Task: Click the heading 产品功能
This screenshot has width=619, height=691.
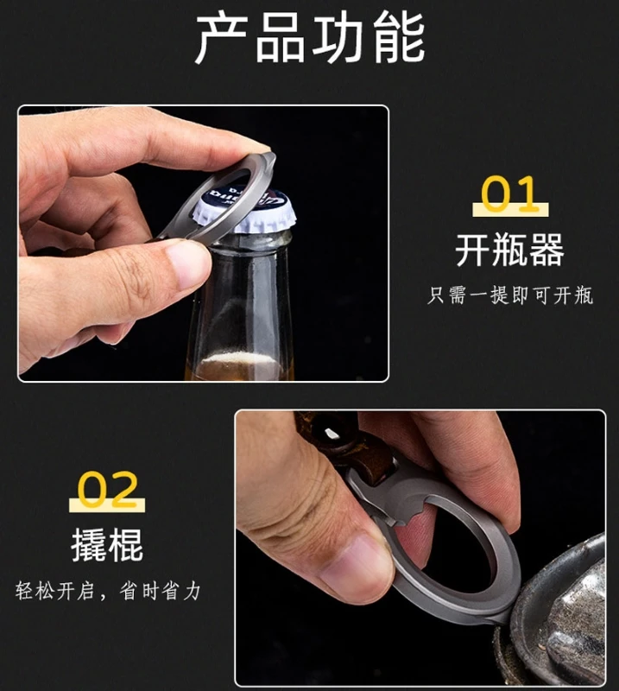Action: pos(310,37)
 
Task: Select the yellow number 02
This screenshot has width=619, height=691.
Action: pos(107,489)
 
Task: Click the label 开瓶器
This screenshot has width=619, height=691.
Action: pos(509,250)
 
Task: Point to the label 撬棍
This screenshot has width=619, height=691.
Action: pos(107,545)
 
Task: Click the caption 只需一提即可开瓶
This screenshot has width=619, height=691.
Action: pos(510,295)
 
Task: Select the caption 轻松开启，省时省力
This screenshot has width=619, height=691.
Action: pos(108,591)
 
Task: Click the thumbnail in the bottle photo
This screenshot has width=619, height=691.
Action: pos(188,264)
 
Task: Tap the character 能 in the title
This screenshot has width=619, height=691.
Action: pos(399,38)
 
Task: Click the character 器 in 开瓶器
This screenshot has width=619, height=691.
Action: pos(546,250)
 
